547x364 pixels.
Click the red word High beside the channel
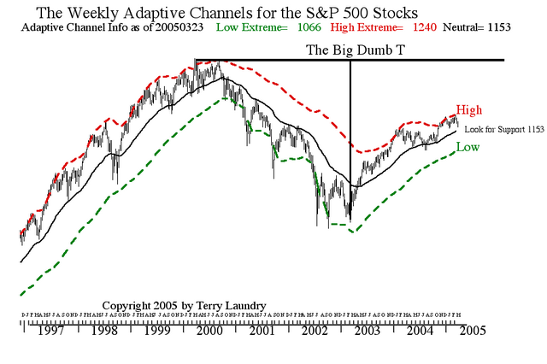point(469,110)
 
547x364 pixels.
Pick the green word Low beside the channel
point(468,147)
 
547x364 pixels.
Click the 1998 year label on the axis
point(105,330)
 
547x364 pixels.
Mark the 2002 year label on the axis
point(315,330)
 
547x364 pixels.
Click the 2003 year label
point(369,330)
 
